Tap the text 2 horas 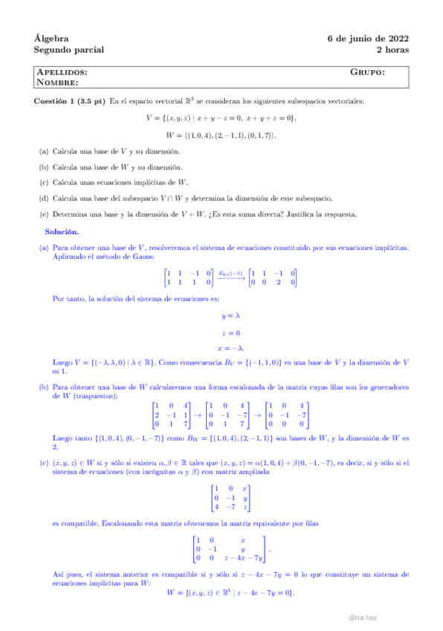(x=392, y=50)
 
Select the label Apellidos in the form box (x=61, y=72)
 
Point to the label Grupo (x=367, y=72)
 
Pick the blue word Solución (x=62, y=231)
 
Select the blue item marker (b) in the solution (x=44, y=387)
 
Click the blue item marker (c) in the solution (x=44, y=463)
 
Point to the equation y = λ (x=221, y=315)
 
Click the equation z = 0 (x=221, y=332)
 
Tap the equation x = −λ (x=221, y=348)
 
